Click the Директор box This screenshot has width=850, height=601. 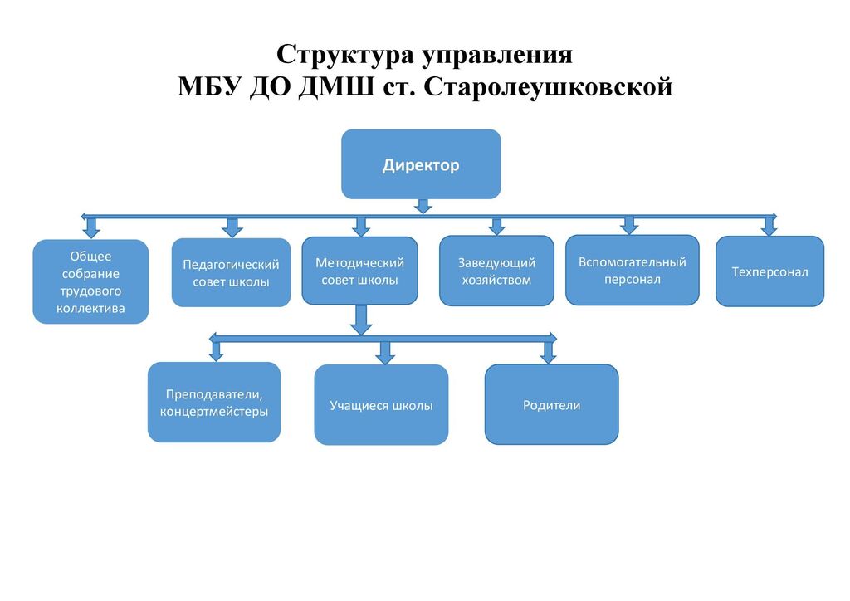tap(421, 164)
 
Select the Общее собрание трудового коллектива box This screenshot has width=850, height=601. tap(90, 282)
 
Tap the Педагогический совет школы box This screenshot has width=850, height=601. tap(231, 273)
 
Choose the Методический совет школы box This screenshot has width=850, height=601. tap(359, 271)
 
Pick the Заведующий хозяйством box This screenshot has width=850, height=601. tap(496, 271)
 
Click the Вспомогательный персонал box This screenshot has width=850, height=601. tap(633, 271)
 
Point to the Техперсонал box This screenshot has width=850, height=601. tap(769, 271)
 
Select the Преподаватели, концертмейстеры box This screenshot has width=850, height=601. tap(214, 403)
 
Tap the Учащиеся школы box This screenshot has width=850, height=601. tap(381, 406)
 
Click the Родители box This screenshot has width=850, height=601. tap(551, 405)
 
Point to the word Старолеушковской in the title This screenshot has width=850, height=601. tap(548, 86)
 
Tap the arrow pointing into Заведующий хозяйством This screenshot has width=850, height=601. tap(496, 227)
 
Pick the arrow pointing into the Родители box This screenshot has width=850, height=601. tap(548, 352)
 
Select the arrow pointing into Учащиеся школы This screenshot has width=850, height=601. tap(383, 353)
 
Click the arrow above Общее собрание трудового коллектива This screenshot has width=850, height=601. tap(90, 227)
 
